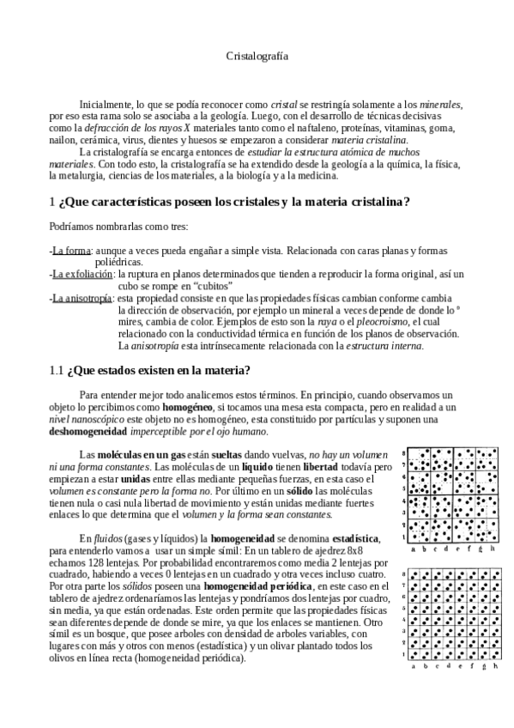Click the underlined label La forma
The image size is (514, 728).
tap(71, 251)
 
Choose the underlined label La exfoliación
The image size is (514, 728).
tap(82, 274)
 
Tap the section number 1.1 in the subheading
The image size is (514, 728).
tap(57, 371)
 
